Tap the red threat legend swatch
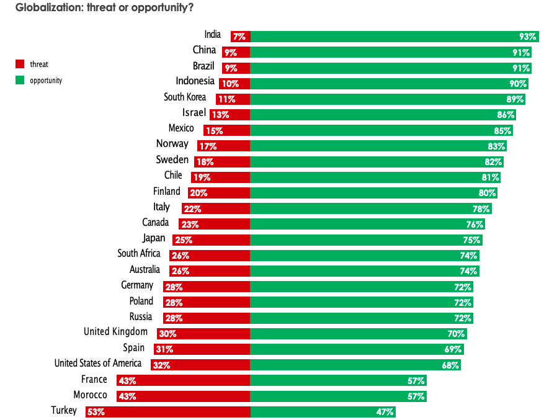pos(19,64)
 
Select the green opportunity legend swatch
pos(19,80)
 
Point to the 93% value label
pos(527,37)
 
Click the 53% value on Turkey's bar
pos(96,412)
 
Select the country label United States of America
pos(98,364)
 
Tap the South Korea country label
pos(185,97)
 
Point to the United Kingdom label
pos(115,332)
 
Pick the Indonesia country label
pos(195,81)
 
